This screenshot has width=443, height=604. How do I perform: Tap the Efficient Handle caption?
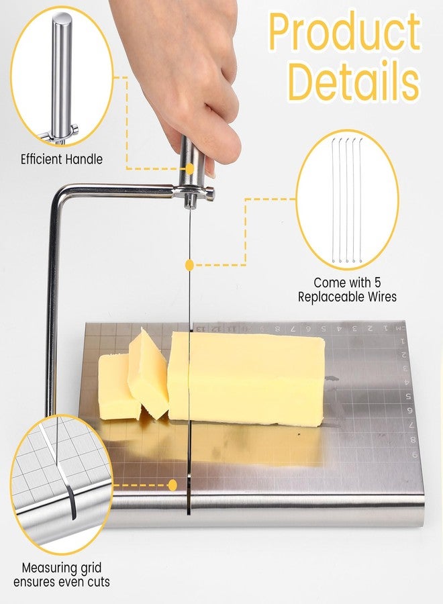tap(62, 159)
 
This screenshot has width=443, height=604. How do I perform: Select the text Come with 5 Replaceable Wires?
tap(347, 290)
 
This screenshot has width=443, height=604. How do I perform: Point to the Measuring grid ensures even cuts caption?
tap(62, 574)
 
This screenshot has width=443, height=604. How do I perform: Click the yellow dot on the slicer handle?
tap(189, 168)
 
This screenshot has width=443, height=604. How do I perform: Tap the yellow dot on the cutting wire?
tap(189, 265)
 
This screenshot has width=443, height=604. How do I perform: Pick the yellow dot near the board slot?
tap(173, 485)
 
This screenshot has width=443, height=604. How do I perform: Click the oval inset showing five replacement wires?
tap(347, 199)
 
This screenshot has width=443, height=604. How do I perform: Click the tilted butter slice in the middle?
tap(148, 373)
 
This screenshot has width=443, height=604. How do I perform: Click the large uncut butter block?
tap(246, 379)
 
